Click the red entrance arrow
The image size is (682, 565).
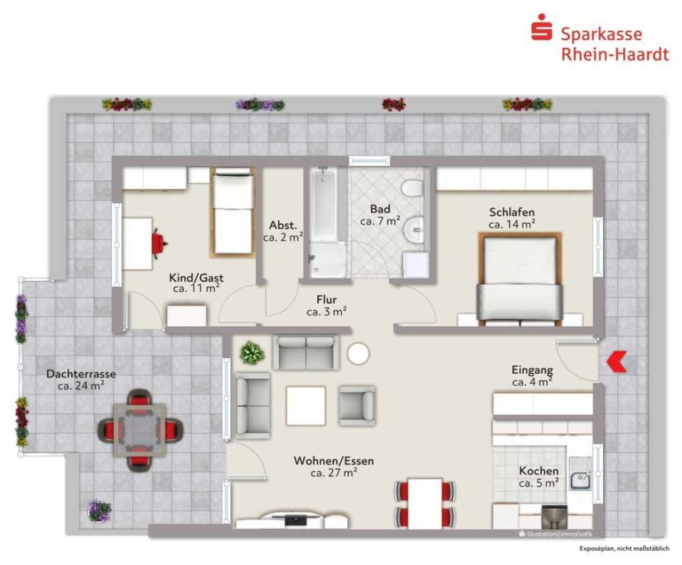pos(616,361)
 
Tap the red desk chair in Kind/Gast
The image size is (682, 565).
pos(159,243)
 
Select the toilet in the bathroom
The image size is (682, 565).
pos(411,188)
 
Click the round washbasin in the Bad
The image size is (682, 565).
pos(413,230)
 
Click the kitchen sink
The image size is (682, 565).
pos(580,474)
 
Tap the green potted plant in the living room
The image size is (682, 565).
pos(252,352)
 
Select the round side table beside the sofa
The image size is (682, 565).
pos(358,354)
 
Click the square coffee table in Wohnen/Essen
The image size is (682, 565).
pos(306,405)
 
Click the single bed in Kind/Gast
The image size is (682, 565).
pos(234,212)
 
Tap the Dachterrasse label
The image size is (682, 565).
pos(81,374)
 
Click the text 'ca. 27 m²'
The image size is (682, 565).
pos(334,472)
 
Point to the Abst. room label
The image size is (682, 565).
pos(283,225)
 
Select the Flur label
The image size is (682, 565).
pos(327,300)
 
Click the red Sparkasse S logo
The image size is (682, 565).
pos(542,28)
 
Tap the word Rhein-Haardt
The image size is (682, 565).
pos(615,54)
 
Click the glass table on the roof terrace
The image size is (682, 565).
pos(140,430)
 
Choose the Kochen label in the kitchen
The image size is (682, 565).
pos(539,471)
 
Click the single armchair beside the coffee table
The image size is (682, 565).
pos(357,405)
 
